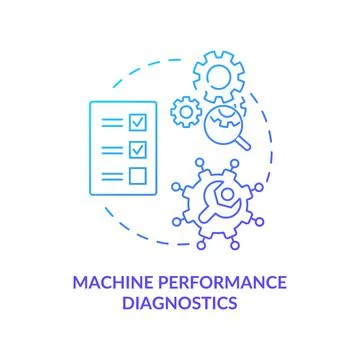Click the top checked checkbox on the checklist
(x=139, y=123)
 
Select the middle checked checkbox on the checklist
(x=139, y=150)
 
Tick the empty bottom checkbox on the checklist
(x=139, y=177)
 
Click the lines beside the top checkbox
(x=113, y=123)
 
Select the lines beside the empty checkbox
(x=113, y=177)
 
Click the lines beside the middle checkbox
(x=113, y=150)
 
